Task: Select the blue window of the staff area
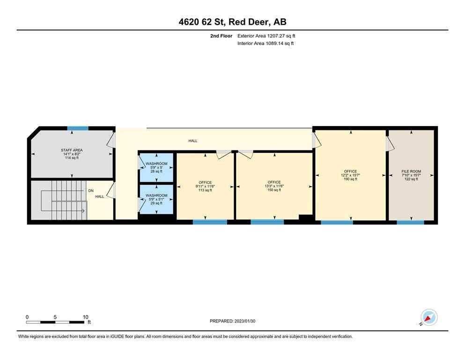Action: [x=78, y=128]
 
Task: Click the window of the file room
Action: [x=411, y=222]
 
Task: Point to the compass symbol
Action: [x=428, y=317]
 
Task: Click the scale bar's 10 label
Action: [x=85, y=317]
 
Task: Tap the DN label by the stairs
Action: [x=91, y=191]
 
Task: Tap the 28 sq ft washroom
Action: [x=156, y=167]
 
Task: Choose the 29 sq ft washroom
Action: [x=156, y=199]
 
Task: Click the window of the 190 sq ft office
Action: [x=337, y=222]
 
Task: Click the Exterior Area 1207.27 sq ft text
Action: [x=266, y=36]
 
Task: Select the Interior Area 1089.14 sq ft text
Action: [x=266, y=44]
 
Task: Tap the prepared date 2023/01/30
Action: [x=233, y=321]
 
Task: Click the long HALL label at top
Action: [x=193, y=141]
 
